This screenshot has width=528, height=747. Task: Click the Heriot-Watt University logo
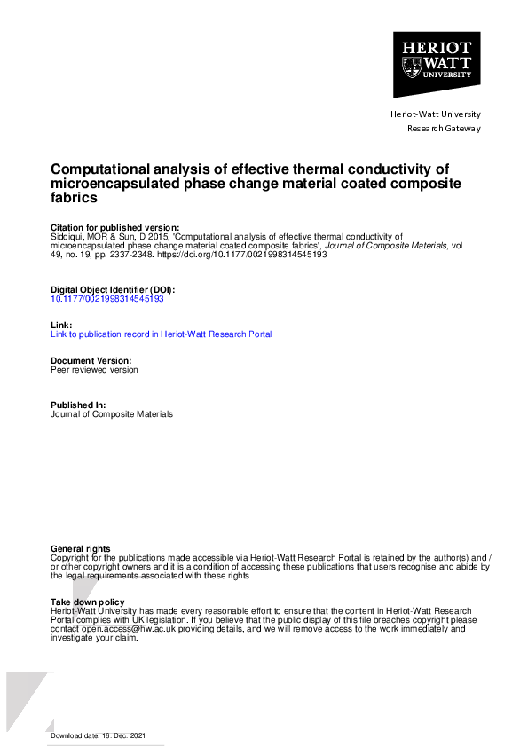pos(437,64)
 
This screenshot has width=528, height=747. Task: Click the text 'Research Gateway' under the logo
pos(444,129)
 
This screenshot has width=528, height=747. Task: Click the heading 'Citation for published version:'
pos(115,227)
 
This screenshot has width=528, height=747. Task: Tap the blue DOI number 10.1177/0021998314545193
pos(107,299)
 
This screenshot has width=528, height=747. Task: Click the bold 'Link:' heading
pos(61,325)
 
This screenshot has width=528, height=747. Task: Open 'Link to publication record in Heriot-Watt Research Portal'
pos(162,334)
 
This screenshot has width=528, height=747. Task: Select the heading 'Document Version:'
pos(91,360)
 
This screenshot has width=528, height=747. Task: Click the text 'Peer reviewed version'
pos(94,369)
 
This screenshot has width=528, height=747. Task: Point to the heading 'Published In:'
pos(78,405)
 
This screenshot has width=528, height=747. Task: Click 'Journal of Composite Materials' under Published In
pos(112,413)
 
